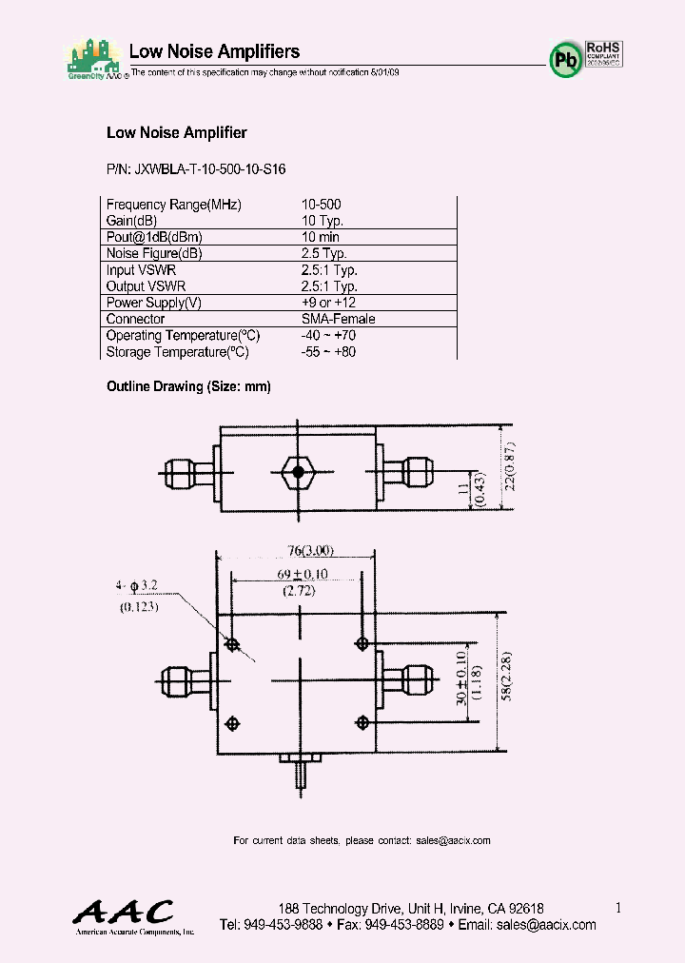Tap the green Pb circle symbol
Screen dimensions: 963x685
(x=564, y=60)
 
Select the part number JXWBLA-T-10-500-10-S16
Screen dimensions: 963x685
(x=196, y=168)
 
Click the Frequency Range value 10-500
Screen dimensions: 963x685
(x=321, y=205)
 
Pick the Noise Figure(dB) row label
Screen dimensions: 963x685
(x=154, y=254)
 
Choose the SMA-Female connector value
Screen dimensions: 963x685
(x=338, y=319)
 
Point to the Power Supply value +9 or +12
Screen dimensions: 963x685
(x=328, y=303)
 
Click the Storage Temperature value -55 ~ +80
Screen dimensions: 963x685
(x=328, y=352)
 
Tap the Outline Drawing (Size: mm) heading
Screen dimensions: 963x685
(x=188, y=386)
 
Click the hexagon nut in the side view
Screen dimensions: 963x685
(x=299, y=471)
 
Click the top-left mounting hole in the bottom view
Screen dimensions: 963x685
(x=232, y=645)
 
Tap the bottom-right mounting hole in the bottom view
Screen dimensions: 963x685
(x=362, y=722)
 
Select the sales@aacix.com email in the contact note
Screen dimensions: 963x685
(x=453, y=840)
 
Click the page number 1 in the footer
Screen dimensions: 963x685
(x=618, y=908)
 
